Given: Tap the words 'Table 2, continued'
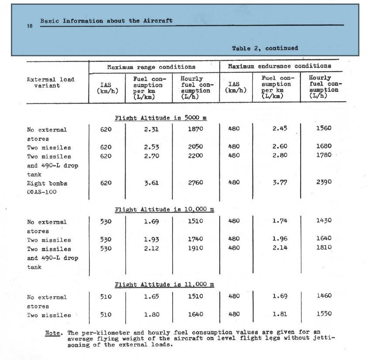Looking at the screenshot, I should (x=265, y=48).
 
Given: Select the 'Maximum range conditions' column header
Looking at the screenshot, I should (x=151, y=67).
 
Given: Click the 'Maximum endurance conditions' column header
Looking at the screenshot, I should (x=280, y=66).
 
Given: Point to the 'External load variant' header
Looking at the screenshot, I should (x=50, y=82).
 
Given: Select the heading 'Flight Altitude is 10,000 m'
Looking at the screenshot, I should (x=164, y=209).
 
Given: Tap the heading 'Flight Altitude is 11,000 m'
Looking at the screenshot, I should (x=164, y=285).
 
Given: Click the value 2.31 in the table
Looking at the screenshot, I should (x=151, y=129).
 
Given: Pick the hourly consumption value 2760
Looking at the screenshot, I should (x=195, y=183).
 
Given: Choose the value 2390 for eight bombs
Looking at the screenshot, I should (x=324, y=182).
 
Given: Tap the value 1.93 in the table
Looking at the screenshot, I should (x=151, y=240).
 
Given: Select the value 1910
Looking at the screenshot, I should (x=195, y=248).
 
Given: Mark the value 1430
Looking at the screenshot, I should (x=324, y=220).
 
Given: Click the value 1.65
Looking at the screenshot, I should (x=151, y=297).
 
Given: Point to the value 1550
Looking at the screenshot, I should (x=324, y=313).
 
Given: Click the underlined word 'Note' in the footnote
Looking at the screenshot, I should (x=53, y=333).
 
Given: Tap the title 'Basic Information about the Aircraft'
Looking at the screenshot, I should (x=106, y=21).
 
